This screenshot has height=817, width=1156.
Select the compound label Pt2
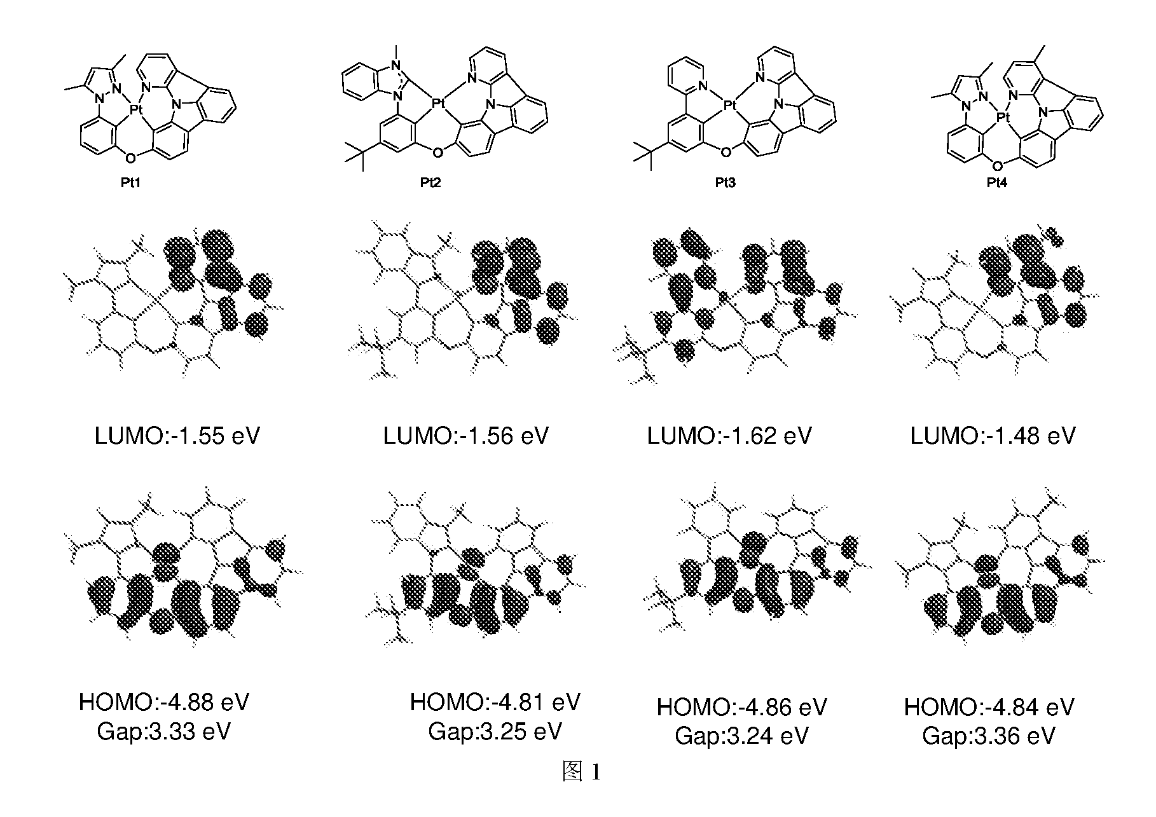tap(430, 183)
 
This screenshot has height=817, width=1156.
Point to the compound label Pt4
tap(998, 183)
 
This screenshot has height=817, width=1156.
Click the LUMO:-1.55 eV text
tap(177, 436)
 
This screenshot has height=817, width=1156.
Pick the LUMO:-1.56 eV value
tap(466, 436)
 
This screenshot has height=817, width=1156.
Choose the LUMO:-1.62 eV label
tap(729, 436)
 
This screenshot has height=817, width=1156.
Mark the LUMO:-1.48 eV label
tap(993, 436)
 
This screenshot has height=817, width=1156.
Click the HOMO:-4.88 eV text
tap(164, 702)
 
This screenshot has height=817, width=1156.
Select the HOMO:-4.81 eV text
tap(495, 702)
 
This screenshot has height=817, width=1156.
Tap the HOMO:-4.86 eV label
tap(742, 707)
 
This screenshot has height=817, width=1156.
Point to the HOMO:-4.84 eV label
tap(989, 707)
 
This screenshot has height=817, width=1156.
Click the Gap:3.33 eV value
tap(164, 731)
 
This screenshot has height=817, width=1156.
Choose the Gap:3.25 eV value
tap(495, 731)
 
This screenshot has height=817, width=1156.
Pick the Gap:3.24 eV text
tap(742, 736)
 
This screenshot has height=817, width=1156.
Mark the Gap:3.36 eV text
tap(989, 736)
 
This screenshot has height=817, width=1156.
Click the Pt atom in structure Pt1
tap(136, 110)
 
